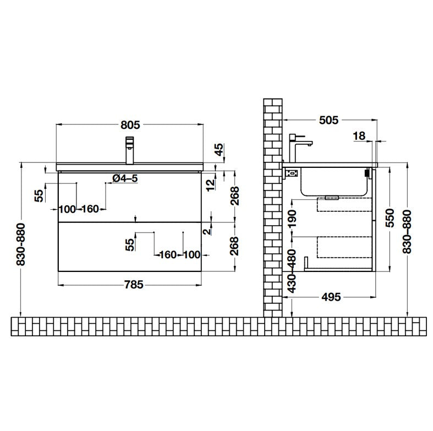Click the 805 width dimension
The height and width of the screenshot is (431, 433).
pyautogui.click(x=130, y=125)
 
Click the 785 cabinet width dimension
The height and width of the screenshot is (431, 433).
pyautogui.click(x=134, y=284)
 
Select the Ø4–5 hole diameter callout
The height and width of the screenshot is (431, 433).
pyautogui.click(x=125, y=178)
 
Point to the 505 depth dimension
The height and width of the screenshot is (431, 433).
pyautogui.click(x=328, y=120)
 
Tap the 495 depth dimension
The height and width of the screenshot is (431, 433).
pyautogui.click(x=331, y=297)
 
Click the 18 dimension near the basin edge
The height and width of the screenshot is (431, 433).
pyautogui.click(x=359, y=135)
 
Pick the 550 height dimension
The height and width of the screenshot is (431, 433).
pyautogui.click(x=390, y=219)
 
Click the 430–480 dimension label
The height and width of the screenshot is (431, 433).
pyautogui.click(x=292, y=271)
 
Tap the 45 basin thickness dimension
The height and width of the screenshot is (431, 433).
pyautogui.click(x=219, y=150)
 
